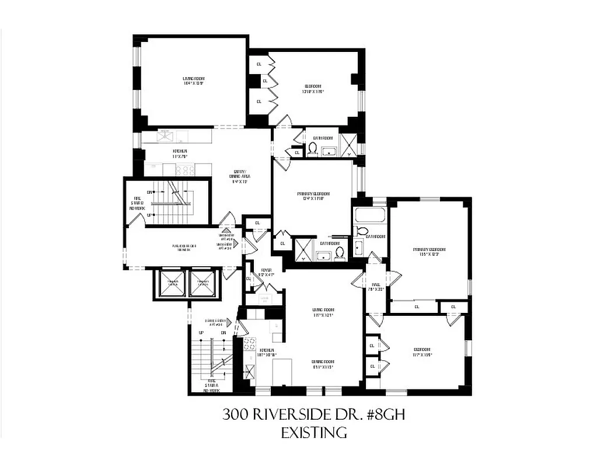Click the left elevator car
coord(172,284)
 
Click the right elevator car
coord(201,284)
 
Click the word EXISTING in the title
coord(314,433)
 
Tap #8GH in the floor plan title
coord(383,415)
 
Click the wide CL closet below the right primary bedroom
coord(417,306)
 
